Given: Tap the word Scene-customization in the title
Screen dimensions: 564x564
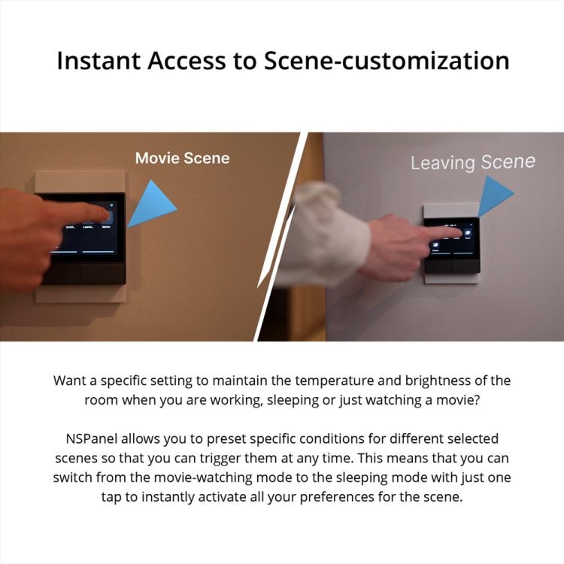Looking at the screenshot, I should pyautogui.click(x=386, y=61).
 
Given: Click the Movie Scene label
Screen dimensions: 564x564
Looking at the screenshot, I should pyautogui.click(x=182, y=158).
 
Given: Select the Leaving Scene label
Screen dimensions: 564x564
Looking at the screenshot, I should pyautogui.click(x=472, y=162).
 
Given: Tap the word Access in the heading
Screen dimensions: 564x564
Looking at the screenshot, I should pyautogui.click(x=196, y=61).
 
